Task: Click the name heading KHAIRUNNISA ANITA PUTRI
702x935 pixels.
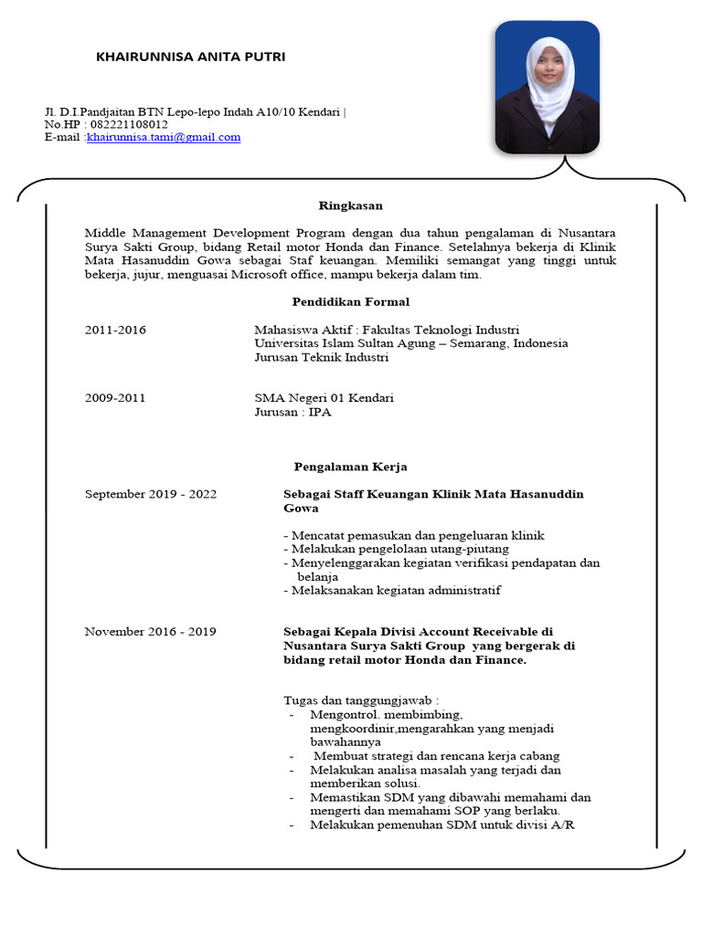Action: click(x=190, y=57)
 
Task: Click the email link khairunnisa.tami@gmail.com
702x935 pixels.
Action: click(x=164, y=137)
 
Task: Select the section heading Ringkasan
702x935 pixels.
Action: click(x=350, y=205)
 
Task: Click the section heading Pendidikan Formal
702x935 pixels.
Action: click(x=350, y=301)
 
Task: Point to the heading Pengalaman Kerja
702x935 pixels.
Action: click(x=350, y=467)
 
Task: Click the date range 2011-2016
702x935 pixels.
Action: click(x=115, y=330)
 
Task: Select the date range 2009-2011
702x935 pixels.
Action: click(x=115, y=398)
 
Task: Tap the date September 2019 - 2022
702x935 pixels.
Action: click(x=151, y=494)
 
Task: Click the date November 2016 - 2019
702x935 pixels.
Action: click(x=151, y=631)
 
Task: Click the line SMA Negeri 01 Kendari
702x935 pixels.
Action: click(x=324, y=398)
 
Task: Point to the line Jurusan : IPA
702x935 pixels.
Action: click(x=292, y=413)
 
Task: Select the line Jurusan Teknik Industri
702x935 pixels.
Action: click(x=321, y=358)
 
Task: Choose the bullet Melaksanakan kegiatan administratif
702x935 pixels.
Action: click(x=392, y=590)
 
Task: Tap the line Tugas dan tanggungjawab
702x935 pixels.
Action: click(x=355, y=699)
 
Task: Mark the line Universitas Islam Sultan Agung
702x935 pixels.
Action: click(x=410, y=343)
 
